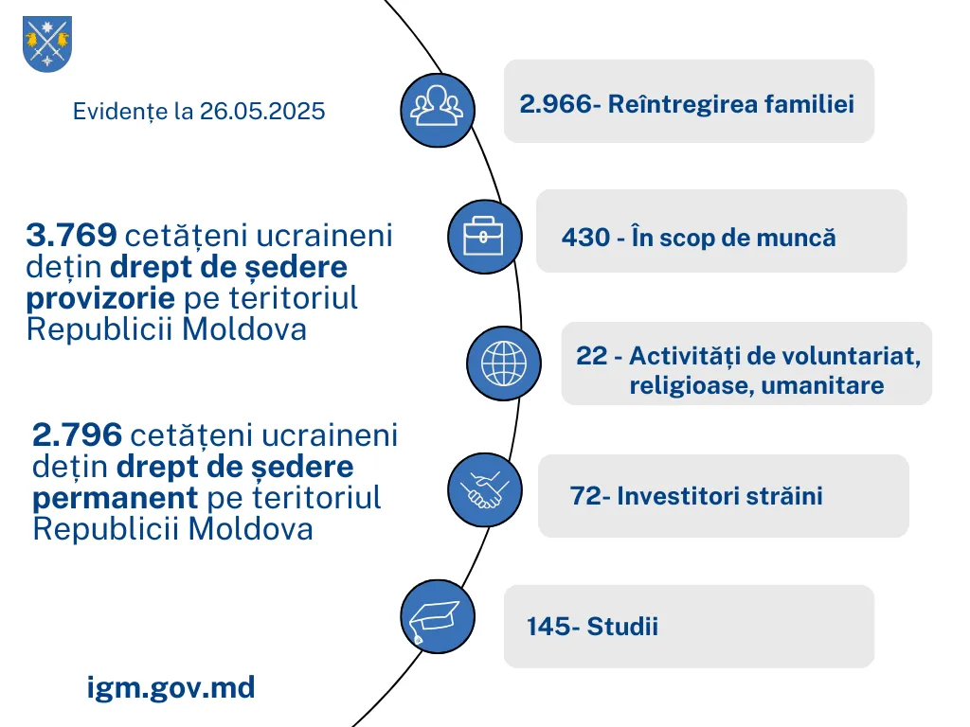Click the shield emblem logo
point(47,44)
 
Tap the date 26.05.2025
point(262,112)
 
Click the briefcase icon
point(484,237)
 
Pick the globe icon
point(504,363)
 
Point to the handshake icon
point(484,489)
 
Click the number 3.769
point(72,235)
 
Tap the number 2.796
point(78,434)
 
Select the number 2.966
point(556,104)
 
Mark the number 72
point(584,496)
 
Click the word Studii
point(622,627)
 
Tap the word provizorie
point(100,298)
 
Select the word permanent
point(115,498)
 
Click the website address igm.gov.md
point(171,687)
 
